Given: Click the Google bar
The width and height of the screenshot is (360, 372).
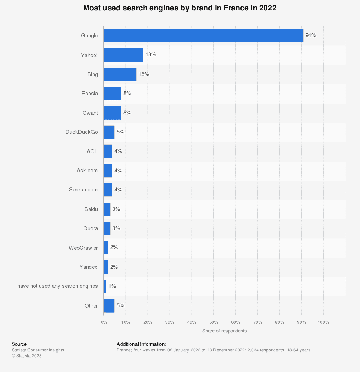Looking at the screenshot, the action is (x=203, y=36).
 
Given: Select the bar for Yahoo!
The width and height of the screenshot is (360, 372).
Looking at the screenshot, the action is (x=123, y=55).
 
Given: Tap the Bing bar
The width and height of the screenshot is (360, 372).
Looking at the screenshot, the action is (x=120, y=74).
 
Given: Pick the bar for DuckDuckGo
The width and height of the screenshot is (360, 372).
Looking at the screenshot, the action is (x=109, y=132).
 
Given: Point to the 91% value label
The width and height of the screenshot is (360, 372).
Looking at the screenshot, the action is (x=311, y=35).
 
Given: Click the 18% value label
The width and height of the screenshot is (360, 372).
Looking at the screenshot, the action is (x=150, y=54).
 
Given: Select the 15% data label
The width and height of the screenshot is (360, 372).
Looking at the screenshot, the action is (x=144, y=74).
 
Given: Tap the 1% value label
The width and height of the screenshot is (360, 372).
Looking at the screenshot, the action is (x=112, y=286).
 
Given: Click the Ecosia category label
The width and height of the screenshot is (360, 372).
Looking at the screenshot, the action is (x=90, y=94).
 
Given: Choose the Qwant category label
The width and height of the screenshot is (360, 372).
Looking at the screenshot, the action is (x=90, y=113).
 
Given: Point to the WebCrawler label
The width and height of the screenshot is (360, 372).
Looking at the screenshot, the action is (x=84, y=248).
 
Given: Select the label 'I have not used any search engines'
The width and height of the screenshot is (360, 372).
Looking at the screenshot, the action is (x=56, y=286).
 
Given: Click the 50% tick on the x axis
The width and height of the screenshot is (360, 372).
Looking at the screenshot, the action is (x=214, y=322).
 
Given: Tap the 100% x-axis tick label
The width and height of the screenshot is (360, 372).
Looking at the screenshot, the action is (x=323, y=322).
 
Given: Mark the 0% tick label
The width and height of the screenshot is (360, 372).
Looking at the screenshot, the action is (x=104, y=322).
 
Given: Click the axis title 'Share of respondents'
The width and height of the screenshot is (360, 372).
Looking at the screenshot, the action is (x=224, y=331).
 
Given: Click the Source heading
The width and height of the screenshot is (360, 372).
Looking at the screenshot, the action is (x=19, y=344).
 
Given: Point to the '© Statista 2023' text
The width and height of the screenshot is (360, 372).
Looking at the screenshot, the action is (x=27, y=355).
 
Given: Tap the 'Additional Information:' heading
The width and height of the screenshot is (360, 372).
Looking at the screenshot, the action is (x=141, y=344).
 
